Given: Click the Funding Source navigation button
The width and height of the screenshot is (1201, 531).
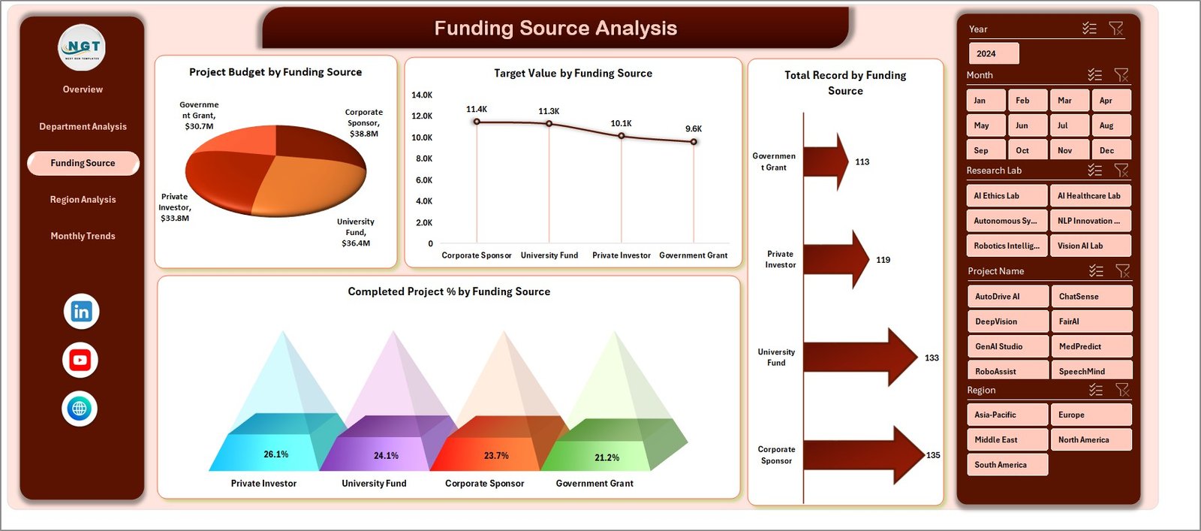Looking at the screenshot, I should (x=83, y=163).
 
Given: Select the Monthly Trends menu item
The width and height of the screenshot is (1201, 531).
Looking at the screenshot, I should (x=83, y=236).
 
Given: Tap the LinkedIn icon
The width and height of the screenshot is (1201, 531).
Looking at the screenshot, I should (x=81, y=312).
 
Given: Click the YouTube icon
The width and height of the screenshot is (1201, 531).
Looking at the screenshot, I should (x=80, y=361).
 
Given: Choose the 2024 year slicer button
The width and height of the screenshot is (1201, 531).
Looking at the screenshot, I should (x=993, y=53).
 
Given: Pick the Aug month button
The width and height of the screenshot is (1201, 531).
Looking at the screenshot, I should (x=1110, y=125).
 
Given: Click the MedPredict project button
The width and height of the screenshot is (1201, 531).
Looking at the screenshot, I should (x=1091, y=346).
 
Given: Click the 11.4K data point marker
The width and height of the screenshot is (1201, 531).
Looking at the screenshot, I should (x=477, y=122).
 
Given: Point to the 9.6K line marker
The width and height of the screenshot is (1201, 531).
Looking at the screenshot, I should (x=694, y=141).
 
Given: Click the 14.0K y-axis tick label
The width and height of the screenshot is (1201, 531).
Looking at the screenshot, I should (x=422, y=95).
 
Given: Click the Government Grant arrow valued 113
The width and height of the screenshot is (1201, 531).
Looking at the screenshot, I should (x=826, y=161).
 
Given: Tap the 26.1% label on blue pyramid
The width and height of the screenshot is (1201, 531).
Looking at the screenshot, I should (x=275, y=454).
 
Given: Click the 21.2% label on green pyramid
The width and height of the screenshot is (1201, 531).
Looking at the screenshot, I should (x=607, y=457).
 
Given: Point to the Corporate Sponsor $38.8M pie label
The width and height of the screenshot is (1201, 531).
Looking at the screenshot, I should (x=364, y=123).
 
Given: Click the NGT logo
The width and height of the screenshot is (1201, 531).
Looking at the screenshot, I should (x=83, y=47).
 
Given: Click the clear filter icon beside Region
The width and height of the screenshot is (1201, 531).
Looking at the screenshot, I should (x=1122, y=390).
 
